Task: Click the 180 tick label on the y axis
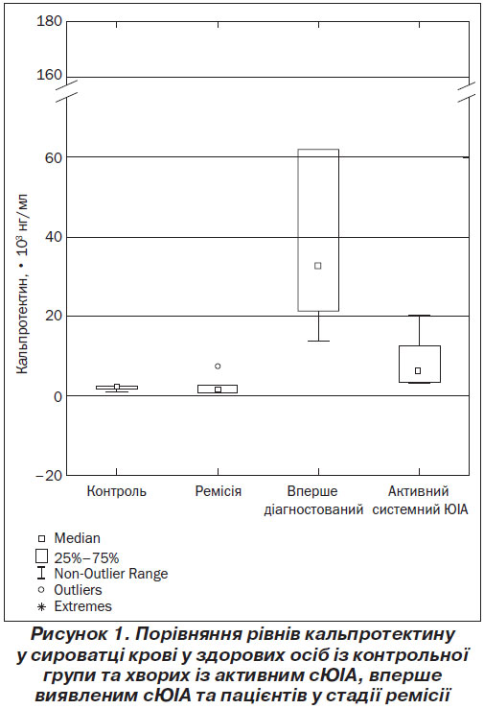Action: (49, 21)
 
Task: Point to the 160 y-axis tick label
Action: (49, 75)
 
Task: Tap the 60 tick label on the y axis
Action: (53, 157)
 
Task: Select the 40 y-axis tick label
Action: (53, 238)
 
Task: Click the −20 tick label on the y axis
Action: (47, 476)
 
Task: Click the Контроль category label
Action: (117, 491)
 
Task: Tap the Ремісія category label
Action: (219, 491)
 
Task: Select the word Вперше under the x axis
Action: (312, 491)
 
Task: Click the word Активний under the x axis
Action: (419, 491)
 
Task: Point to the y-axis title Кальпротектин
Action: (22, 322)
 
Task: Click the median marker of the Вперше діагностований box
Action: (318, 266)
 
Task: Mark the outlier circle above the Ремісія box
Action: (218, 366)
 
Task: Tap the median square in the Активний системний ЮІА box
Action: (418, 370)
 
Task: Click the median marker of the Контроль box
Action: (117, 387)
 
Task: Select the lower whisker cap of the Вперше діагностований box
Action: (319, 341)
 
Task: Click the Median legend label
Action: (78, 538)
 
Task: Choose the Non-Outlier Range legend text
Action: (111, 574)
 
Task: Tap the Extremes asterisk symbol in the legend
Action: (41, 607)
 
